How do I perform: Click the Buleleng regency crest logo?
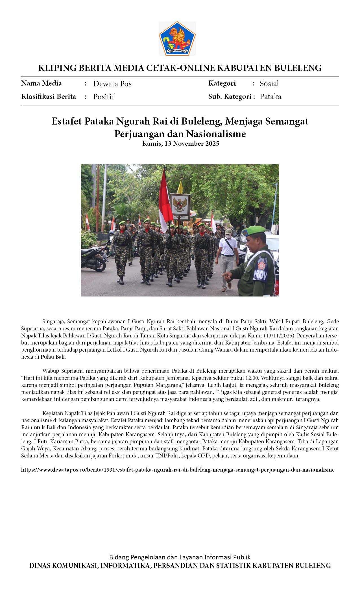click(177, 38)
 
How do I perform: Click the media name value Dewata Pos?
click(112, 84)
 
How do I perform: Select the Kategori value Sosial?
click(269, 84)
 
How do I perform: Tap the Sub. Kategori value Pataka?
click(270, 97)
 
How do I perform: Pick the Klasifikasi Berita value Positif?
click(104, 97)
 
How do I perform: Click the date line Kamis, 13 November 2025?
click(180, 143)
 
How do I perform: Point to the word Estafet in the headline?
click(67, 121)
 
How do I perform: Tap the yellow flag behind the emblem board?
click(180, 187)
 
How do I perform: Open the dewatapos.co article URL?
click(178, 470)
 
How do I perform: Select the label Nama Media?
click(42, 83)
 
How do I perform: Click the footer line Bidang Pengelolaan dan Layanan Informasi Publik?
click(180, 557)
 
